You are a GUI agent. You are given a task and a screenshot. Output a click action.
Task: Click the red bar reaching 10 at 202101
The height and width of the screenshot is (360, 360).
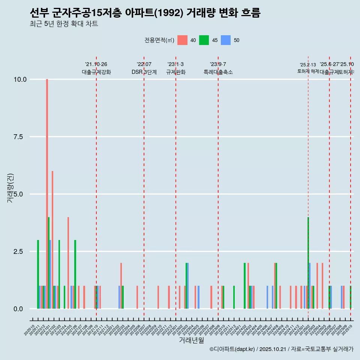coord(47,194)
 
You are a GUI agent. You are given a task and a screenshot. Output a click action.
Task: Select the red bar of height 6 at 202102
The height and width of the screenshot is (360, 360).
coord(52,240)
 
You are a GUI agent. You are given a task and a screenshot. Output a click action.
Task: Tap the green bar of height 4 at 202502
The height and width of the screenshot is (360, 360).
coord(308,262)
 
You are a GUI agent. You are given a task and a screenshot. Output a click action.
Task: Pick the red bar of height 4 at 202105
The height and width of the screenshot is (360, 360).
coord(68,262)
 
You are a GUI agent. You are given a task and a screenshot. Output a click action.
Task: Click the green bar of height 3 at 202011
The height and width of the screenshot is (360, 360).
coord(38,274)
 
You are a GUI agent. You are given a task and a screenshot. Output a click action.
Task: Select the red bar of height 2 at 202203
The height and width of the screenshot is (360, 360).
coord(121,286)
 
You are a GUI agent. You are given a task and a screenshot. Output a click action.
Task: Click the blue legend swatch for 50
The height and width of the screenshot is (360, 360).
coord(225,40)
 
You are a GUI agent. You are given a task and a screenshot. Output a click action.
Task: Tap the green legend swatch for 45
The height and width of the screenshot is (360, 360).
coord(204,40)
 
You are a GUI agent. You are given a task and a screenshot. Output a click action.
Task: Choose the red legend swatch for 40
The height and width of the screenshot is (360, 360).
coord(182,40)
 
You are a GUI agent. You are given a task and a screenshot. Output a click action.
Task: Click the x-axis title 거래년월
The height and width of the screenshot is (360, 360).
coord(191,340)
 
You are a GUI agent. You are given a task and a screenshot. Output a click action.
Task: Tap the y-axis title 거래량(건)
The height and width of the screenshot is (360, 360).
coord(10,188)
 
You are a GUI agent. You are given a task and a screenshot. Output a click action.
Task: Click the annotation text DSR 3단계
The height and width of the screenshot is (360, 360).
coord(144,72)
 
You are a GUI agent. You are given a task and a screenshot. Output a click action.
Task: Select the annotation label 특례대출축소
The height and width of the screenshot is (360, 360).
coord(218,72)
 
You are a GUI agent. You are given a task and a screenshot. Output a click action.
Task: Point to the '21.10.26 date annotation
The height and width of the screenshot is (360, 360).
coord(96,64)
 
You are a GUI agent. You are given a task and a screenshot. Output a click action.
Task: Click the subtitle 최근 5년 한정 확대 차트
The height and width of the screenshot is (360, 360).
coord(64,24)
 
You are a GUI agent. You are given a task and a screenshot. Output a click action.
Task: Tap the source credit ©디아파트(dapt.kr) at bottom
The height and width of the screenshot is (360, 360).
coord(232,349)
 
